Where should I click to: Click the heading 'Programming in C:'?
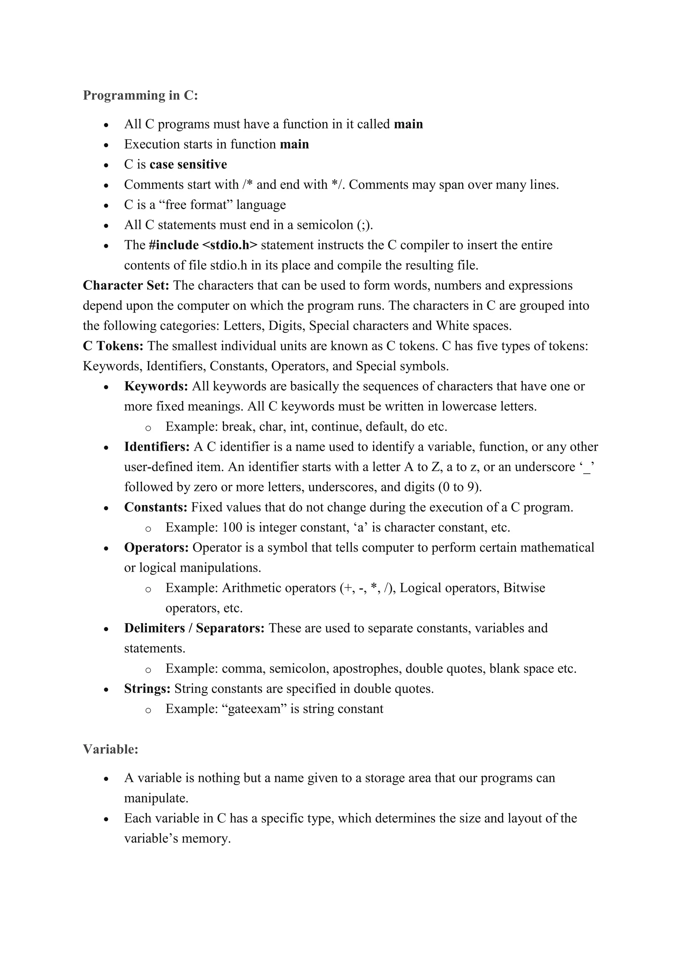click(x=140, y=95)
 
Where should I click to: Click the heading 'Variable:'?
click(x=110, y=749)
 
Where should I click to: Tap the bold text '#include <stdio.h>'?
click(x=203, y=245)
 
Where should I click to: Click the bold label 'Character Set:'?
click(x=126, y=285)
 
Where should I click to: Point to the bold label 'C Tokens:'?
click(x=113, y=346)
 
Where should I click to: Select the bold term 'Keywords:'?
click(x=156, y=386)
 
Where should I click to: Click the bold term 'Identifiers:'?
click(x=157, y=447)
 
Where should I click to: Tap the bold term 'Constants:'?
click(x=155, y=508)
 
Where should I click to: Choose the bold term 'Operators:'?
click(x=156, y=548)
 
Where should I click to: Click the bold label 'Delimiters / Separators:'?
click(x=194, y=628)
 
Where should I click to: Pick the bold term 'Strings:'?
click(x=147, y=689)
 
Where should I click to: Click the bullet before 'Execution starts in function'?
click(x=106, y=145)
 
